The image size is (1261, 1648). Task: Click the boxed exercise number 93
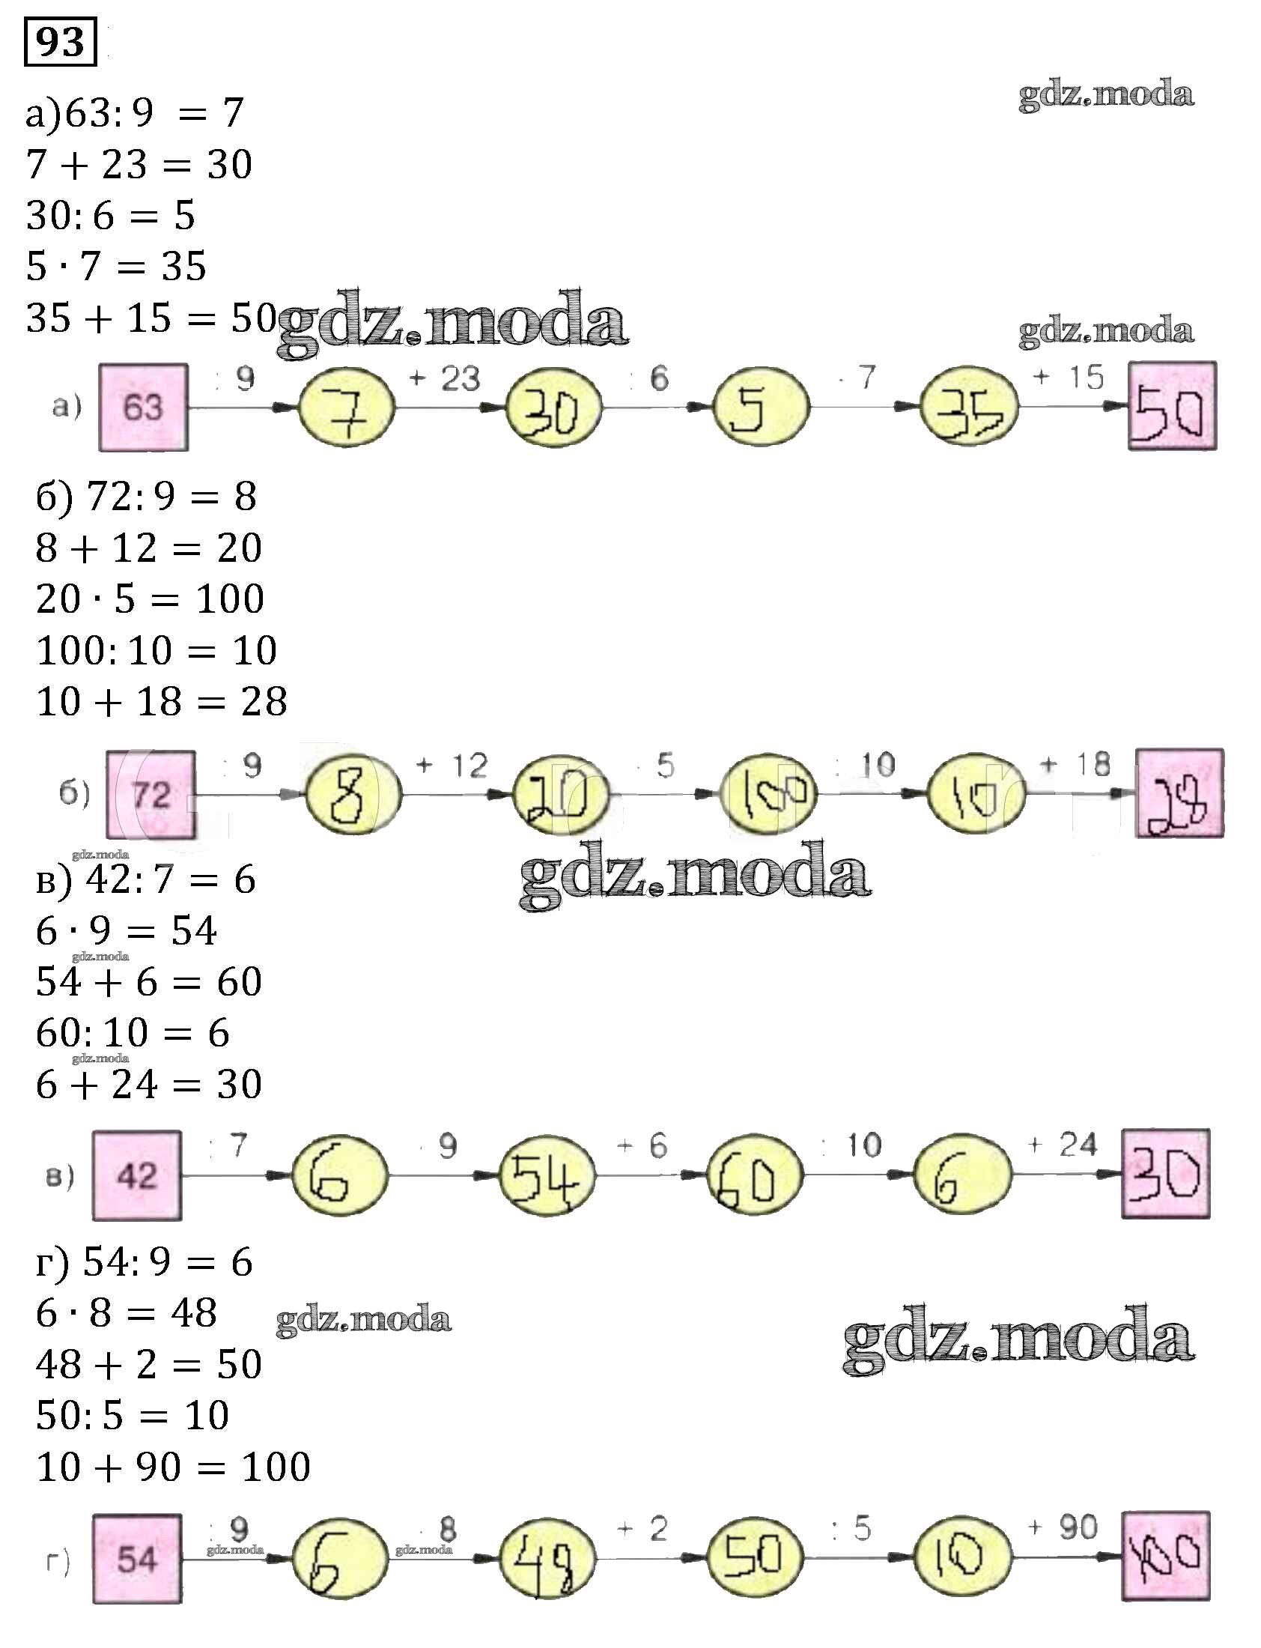coord(60,42)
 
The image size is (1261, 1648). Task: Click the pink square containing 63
coord(143,407)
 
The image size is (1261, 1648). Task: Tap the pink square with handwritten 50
coord(1172,406)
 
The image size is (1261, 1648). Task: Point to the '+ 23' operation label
coord(444,378)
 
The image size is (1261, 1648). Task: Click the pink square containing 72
coord(151,794)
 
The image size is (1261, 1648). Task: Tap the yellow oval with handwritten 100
coord(768,794)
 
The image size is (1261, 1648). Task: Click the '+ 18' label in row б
coord(1075,765)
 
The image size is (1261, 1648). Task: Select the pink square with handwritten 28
coord(1179,793)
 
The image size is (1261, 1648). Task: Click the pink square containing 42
coord(136,1176)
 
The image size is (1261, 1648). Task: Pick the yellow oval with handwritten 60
coord(754,1176)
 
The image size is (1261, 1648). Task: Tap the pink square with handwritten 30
coord(1166,1175)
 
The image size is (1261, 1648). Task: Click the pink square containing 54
coord(136,1559)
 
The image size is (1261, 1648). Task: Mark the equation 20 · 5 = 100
coord(150,599)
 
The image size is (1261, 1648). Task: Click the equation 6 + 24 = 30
coord(148,1084)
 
